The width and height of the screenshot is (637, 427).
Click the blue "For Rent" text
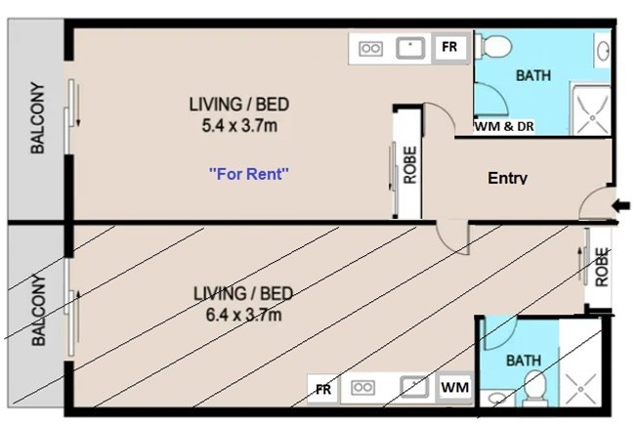(x=248, y=174)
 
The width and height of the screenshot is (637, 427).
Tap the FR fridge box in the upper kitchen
(x=449, y=47)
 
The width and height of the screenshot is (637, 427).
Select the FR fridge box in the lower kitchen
(x=323, y=389)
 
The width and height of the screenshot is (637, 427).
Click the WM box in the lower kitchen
(x=454, y=387)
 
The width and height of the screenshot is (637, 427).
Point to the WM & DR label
(x=504, y=126)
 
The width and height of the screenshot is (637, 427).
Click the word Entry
(x=507, y=178)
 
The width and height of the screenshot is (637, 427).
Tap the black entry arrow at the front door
(x=620, y=206)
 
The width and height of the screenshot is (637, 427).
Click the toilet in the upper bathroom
(x=492, y=46)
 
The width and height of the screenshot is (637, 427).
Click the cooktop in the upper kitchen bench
(x=370, y=49)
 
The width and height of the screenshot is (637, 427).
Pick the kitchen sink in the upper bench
(x=410, y=48)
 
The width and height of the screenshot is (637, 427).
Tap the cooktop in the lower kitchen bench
(x=362, y=388)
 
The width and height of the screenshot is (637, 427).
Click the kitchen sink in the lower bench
(x=414, y=386)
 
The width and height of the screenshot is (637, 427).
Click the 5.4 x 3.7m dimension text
(x=239, y=126)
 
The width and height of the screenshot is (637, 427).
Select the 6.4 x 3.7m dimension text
(x=243, y=315)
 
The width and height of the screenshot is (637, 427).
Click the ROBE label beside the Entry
(x=410, y=165)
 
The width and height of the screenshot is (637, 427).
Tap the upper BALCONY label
(x=38, y=118)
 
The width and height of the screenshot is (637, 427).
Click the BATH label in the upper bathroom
(x=533, y=75)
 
